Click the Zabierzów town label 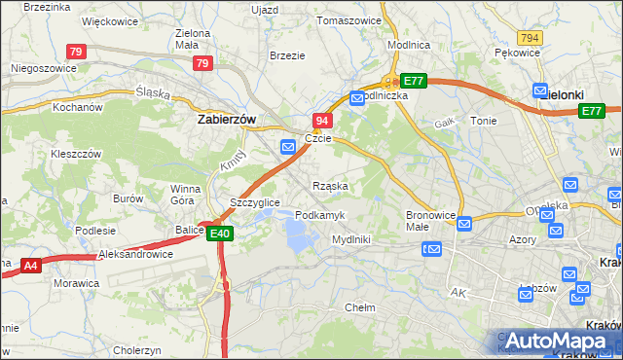click(226, 119)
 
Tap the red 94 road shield click(323, 120)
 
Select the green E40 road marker click(220, 233)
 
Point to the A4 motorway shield click(30, 265)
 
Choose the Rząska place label click(330, 185)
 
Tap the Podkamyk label click(318, 214)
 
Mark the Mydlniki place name click(350, 238)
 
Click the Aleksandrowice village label click(135, 254)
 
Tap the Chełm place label click(360, 307)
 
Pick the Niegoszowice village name click(43, 69)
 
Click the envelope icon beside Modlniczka click(357, 97)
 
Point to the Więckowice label click(109, 20)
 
